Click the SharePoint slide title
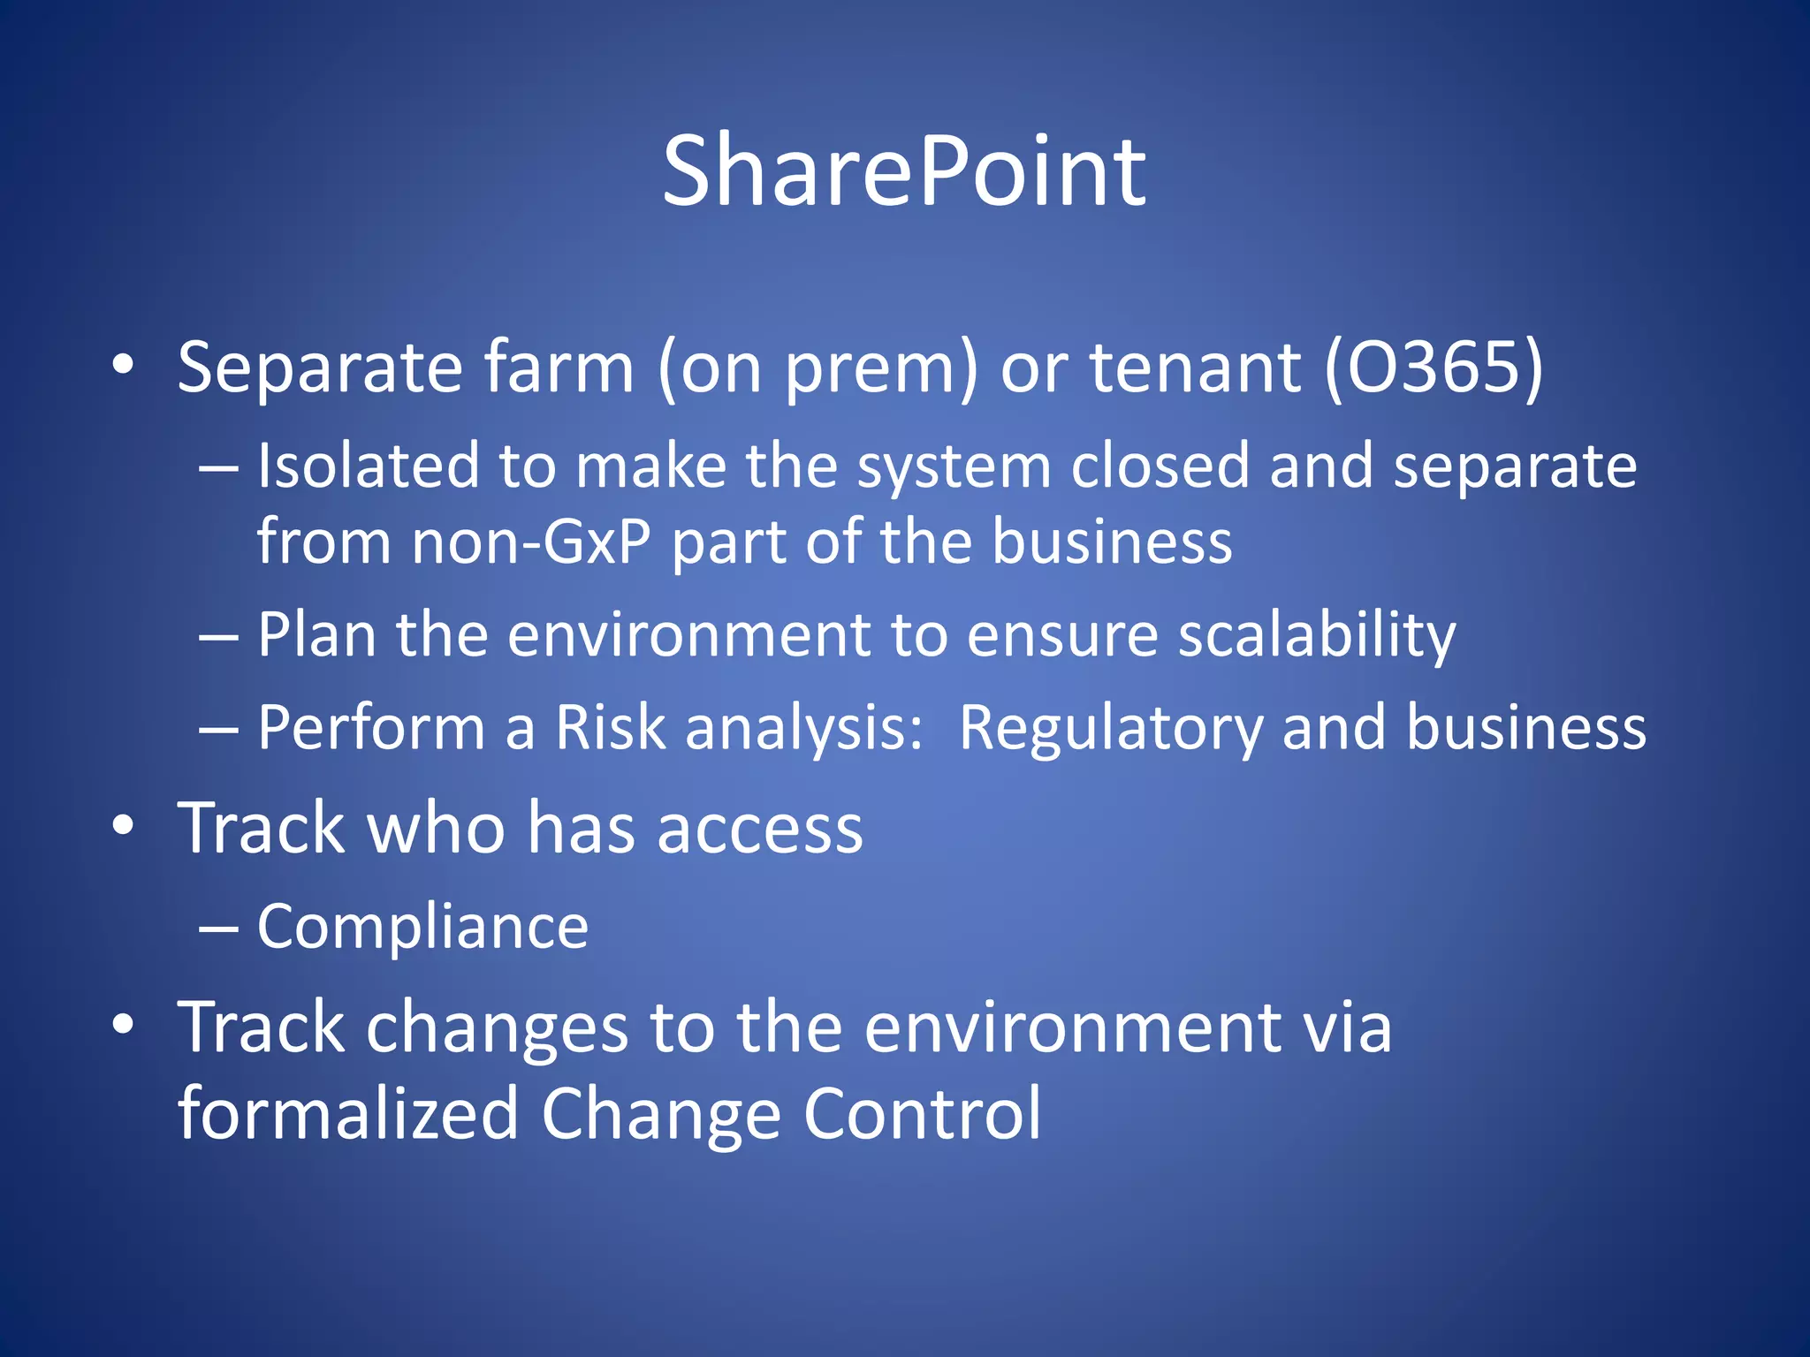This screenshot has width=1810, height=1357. [904, 172]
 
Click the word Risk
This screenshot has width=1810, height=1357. [609, 728]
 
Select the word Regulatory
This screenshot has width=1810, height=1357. [1111, 730]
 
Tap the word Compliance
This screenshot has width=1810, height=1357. [422, 928]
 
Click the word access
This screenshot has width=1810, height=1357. [759, 829]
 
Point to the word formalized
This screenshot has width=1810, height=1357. [347, 1113]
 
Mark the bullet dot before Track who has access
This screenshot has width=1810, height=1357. [123, 826]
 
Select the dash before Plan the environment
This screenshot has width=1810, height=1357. [217, 637]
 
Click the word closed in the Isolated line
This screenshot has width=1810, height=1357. [1160, 466]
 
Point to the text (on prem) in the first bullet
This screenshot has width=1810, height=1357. [818, 368]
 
